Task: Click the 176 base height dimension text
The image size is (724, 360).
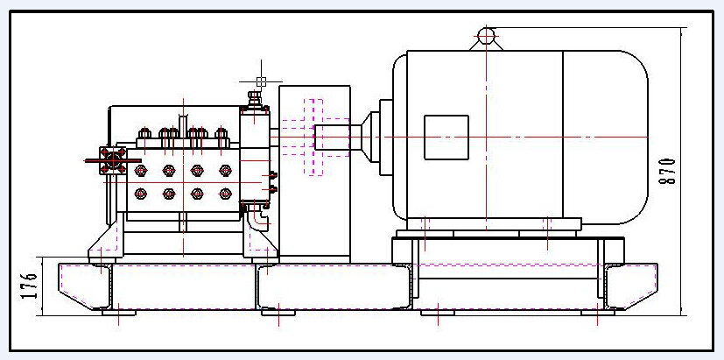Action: (29, 286)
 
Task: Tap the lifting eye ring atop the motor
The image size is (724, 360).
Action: (486, 35)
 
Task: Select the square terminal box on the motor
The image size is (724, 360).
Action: (446, 138)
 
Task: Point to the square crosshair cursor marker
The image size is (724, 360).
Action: (261, 81)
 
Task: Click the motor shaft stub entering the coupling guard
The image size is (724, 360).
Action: (333, 138)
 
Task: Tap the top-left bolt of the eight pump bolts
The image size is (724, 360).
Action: (140, 171)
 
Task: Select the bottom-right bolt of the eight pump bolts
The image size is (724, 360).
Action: (225, 194)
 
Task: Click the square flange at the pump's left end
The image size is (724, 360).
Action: (113, 160)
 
